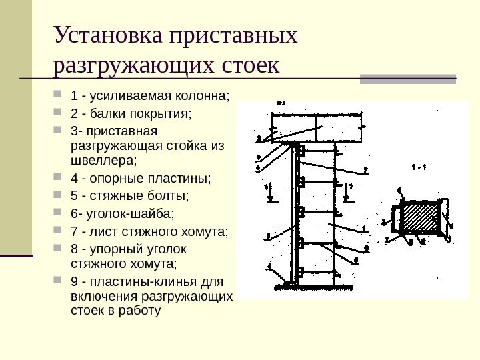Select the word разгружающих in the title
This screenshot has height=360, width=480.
(x=134, y=67)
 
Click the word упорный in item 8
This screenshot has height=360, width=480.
(x=117, y=249)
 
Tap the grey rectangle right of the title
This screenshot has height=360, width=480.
(x=408, y=78)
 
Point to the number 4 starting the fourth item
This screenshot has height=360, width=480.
(x=73, y=179)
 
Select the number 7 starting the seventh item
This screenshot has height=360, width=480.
(x=73, y=232)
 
